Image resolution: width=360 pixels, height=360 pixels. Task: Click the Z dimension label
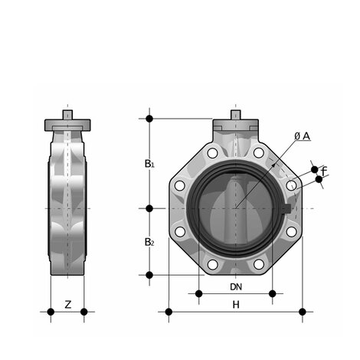tap(67, 304)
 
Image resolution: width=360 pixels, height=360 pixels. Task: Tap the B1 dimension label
tap(150, 163)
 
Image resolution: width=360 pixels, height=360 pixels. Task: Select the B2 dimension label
tap(150, 242)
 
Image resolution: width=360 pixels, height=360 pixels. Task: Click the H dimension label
tap(237, 305)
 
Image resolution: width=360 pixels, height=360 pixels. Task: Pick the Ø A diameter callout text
tap(302, 136)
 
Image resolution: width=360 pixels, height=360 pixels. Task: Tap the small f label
tap(324, 170)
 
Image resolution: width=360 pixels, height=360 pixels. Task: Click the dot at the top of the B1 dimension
tap(149, 119)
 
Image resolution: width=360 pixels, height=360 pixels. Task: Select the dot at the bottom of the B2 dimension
tap(149, 274)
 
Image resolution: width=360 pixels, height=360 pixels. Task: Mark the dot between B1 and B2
tap(149, 208)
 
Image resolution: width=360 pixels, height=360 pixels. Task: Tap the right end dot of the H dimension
tap(303, 312)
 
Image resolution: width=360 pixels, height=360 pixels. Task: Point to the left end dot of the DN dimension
tap(198, 293)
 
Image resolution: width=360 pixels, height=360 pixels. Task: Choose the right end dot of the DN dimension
tap(273, 293)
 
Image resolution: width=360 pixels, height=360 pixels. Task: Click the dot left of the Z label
tap(51, 312)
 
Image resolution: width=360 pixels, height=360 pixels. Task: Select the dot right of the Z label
tap(84, 312)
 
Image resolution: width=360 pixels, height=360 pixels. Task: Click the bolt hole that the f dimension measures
tap(291, 185)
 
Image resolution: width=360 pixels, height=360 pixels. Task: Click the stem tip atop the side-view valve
tap(67, 115)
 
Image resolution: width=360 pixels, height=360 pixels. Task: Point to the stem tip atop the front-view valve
tap(236, 115)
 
